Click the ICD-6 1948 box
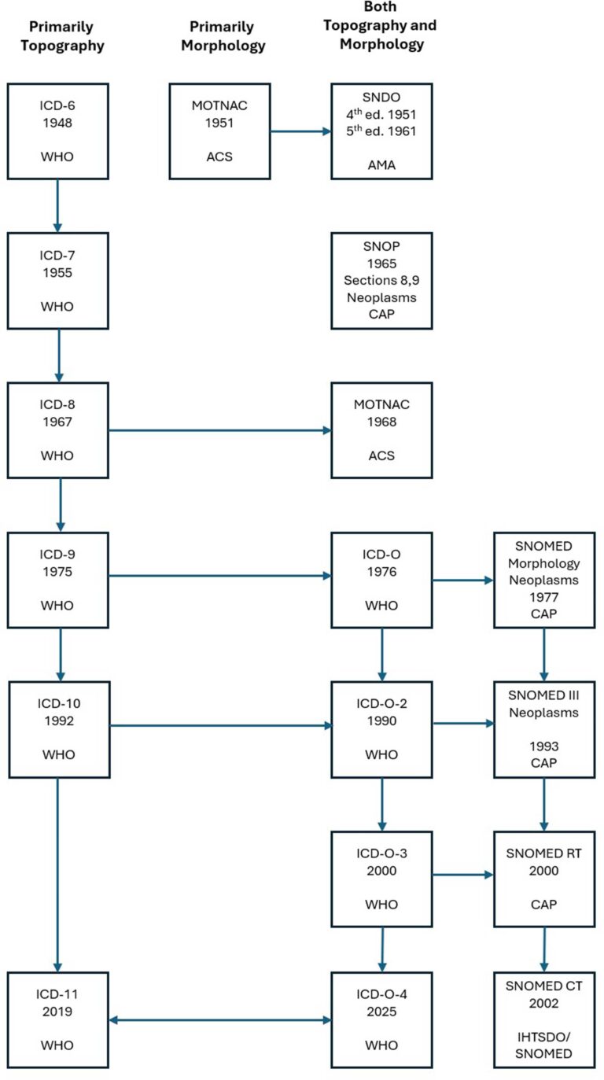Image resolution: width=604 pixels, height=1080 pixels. [57, 131]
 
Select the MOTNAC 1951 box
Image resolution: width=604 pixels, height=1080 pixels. [219, 131]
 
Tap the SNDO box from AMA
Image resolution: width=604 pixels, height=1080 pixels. [381, 131]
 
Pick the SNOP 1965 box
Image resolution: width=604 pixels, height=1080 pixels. [381, 280]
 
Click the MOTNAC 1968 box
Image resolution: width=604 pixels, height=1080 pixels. [381, 430]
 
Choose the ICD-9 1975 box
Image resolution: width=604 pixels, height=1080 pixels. [57, 580]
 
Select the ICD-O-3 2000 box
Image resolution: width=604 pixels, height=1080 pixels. [381, 878]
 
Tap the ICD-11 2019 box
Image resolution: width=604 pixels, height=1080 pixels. [57, 1019]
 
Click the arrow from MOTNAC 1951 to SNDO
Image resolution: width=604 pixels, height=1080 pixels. [300, 131]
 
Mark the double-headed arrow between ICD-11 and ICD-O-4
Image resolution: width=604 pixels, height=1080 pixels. [219, 1020]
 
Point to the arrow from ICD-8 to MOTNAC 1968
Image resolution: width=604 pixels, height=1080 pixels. [219, 430]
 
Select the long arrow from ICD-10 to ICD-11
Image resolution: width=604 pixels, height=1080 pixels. [57, 889]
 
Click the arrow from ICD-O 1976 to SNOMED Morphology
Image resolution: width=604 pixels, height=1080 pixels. [462, 581]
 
